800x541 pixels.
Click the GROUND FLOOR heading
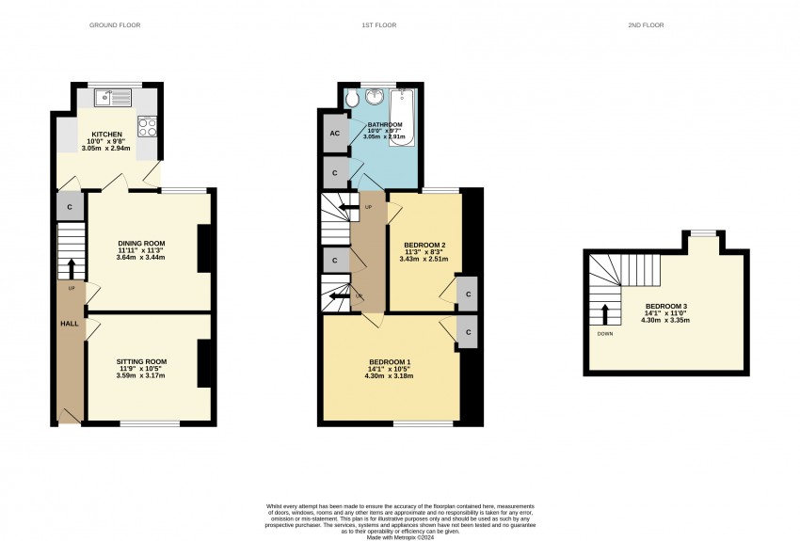click(115, 25)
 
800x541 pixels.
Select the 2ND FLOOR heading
click(646, 25)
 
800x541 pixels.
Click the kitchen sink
click(113, 98)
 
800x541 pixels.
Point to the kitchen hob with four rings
click(147, 126)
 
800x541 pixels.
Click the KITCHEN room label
click(106, 135)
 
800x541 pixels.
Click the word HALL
click(70, 324)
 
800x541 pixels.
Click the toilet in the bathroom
click(352, 99)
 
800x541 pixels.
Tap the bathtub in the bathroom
click(404, 118)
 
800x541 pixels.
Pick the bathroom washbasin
click(375, 95)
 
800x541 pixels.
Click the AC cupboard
click(335, 134)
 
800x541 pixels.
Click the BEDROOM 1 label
click(390, 361)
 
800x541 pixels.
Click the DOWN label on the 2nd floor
click(605, 334)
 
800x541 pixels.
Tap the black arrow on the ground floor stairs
click(71, 269)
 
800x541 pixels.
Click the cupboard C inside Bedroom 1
click(468, 332)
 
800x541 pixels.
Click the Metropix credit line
click(401, 537)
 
